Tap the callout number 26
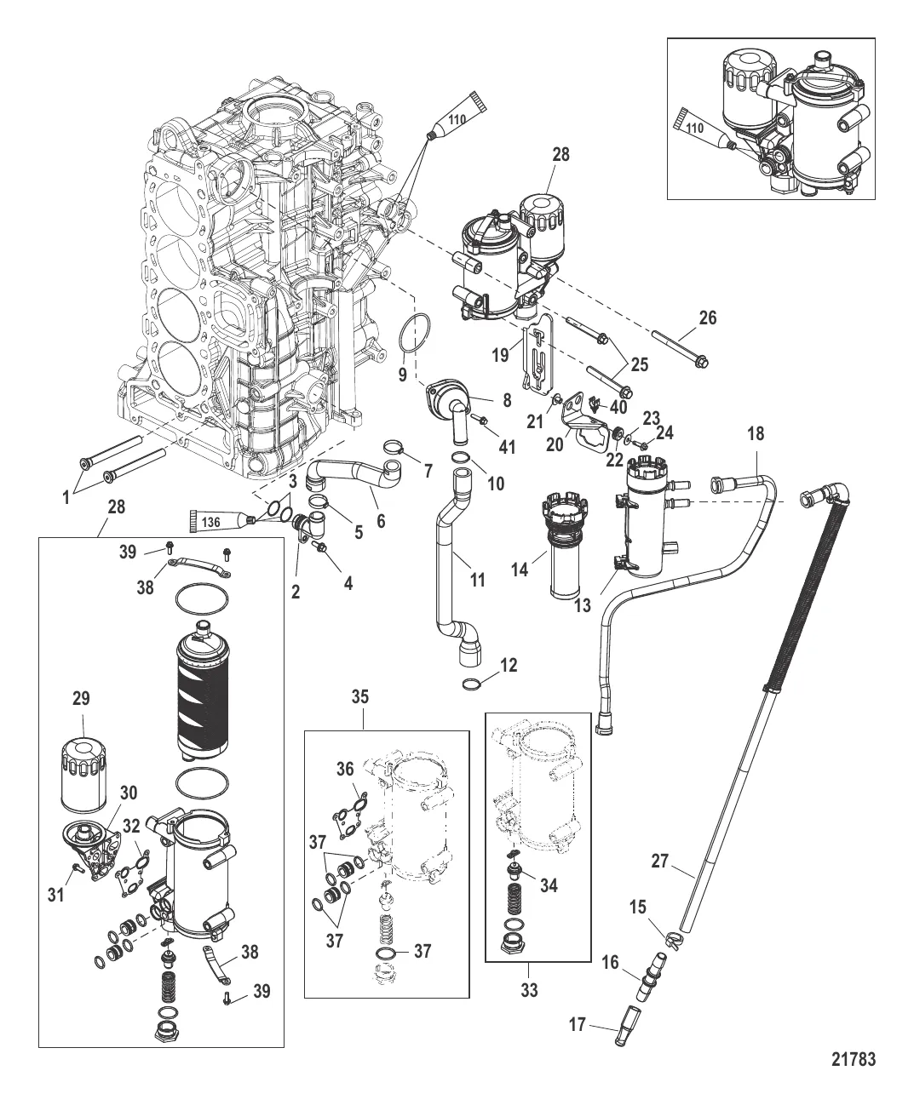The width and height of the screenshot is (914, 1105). click(x=707, y=318)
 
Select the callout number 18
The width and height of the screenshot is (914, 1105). click(x=756, y=434)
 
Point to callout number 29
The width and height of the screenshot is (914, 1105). click(x=82, y=699)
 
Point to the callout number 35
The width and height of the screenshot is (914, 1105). click(x=361, y=696)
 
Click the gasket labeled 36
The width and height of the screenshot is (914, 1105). click(x=352, y=806)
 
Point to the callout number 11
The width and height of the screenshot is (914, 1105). click(x=478, y=580)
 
